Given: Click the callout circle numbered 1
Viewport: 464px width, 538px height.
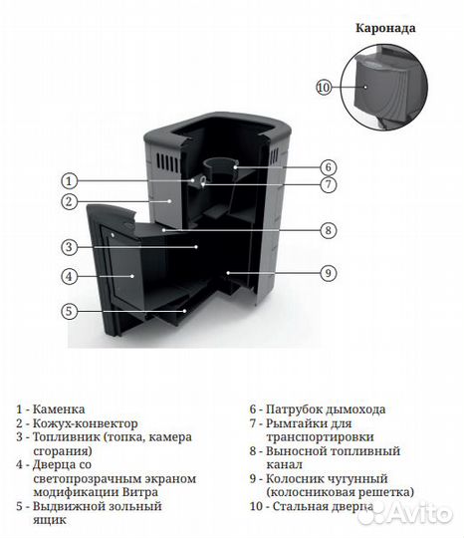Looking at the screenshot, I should [x=69, y=181].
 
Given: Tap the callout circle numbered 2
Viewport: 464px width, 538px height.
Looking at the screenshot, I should [x=69, y=202].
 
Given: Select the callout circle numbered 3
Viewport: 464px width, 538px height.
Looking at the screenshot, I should [x=69, y=247].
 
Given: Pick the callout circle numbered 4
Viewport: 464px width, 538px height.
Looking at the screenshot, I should [x=69, y=276].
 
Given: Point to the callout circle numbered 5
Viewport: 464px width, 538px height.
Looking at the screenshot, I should [x=69, y=311].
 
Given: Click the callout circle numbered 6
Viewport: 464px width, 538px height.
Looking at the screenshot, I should [x=328, y=166].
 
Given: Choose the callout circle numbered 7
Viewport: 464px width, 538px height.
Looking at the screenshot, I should [x=328, y=184].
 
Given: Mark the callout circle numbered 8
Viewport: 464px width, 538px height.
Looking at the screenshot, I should [x=328, y=230].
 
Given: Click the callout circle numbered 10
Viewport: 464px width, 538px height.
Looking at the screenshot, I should [x=323, y=88].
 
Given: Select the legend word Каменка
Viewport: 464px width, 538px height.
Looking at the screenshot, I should [x=59, y=409].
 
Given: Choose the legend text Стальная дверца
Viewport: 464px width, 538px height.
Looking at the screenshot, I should [x=320, y=507].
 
